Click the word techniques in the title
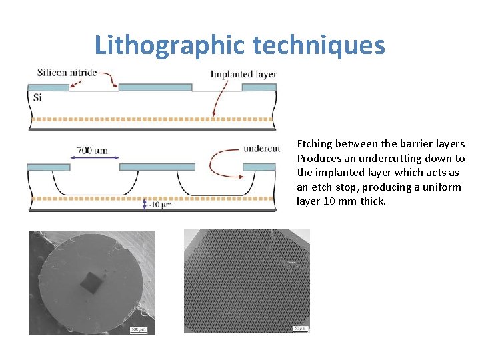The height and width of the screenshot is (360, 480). pos(319,45)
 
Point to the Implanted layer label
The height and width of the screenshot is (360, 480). pos(243,74)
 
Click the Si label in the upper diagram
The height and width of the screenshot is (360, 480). pos(37,97)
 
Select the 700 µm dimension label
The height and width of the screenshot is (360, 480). pos(91,150)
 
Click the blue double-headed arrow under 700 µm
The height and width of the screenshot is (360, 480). pos(94,158)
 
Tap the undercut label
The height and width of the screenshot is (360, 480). pos(261,148)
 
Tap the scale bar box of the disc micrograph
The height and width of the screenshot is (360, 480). pos(139,328)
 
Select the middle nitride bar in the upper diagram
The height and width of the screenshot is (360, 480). pos(155,87)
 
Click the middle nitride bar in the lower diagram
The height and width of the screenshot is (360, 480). pos(157,167)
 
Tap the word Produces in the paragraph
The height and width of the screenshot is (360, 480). pos(319,159)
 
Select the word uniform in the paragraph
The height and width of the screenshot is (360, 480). pos(442,187)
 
